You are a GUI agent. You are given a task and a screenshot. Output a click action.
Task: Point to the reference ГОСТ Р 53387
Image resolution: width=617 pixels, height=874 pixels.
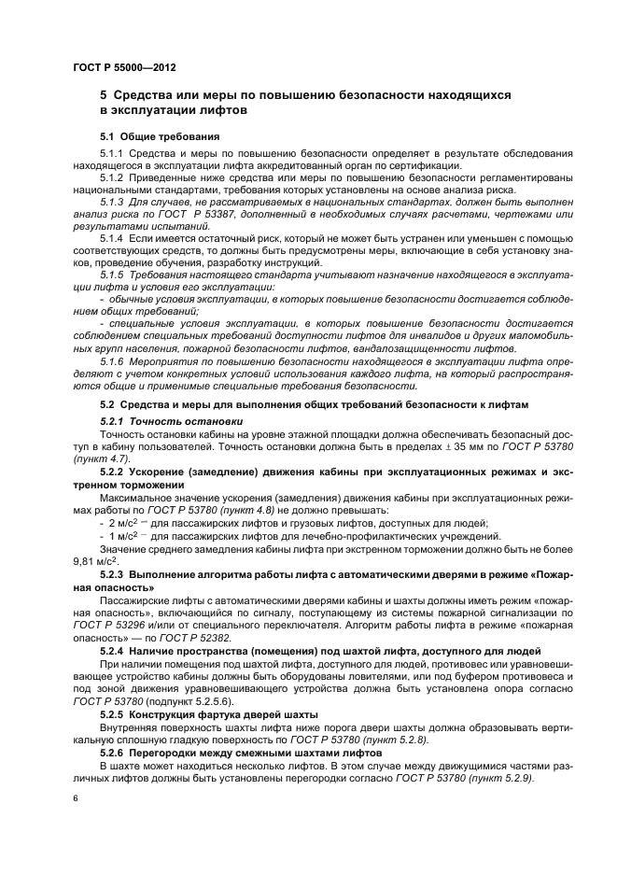point(217,214)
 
